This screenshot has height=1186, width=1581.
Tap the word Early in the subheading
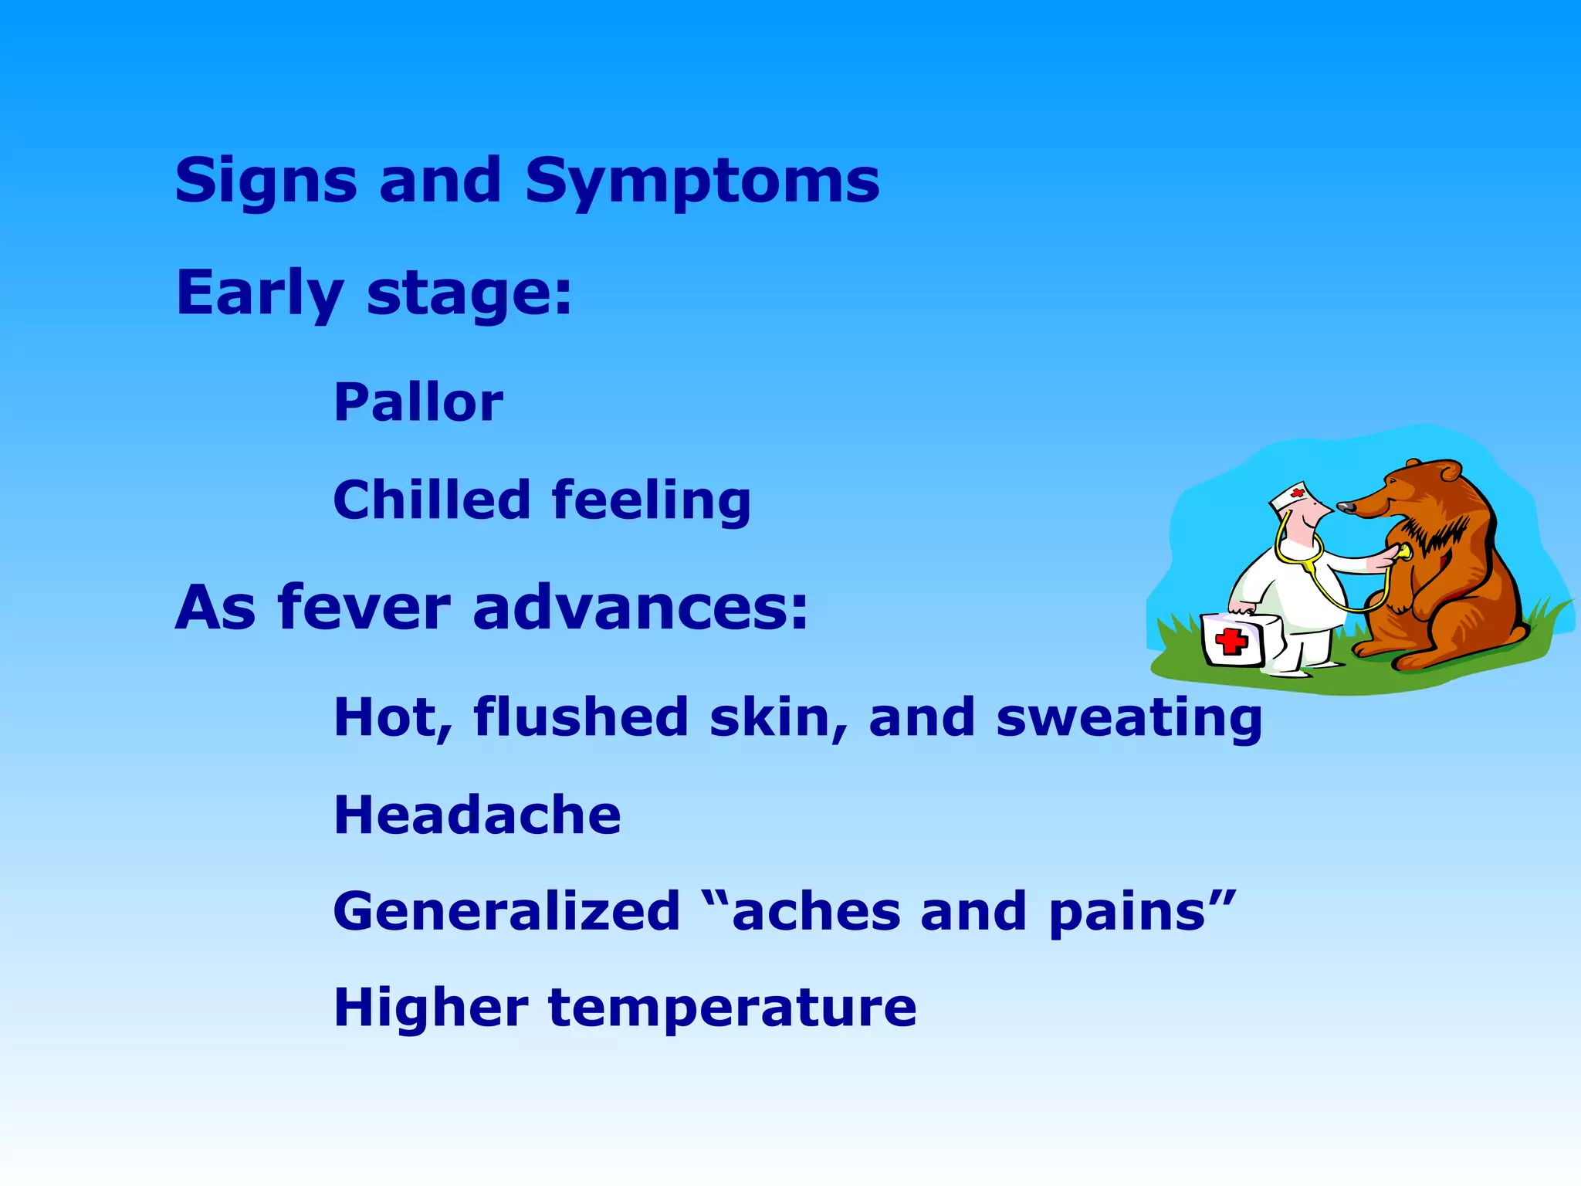pyautogui.click(x=259, y=294)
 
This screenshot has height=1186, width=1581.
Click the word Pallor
pyautogui.click(x=418, y=402)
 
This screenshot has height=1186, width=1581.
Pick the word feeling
pyautogui.click(x=651, y=501)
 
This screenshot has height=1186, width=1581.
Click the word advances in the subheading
pyautogui.click(x=640, y=608)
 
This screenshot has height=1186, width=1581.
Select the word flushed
pyautogui.click(x=581, y=717)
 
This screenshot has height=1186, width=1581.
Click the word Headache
pyautogui.click(x=477, y=815)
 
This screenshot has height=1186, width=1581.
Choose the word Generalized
pyautogui.click(x=506, y=911)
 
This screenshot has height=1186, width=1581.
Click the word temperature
pyautogui.click(x=732, y=1008)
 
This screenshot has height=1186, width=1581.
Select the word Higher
pyautogui.click(x=431, y=1007)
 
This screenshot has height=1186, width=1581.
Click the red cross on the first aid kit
pyautogui.click(x=1231, y=640)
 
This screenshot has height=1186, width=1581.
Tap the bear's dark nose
pyautogui.click(x=1346, y=507)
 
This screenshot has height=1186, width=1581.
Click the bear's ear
pyautogui.click(x=1450, y=470)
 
